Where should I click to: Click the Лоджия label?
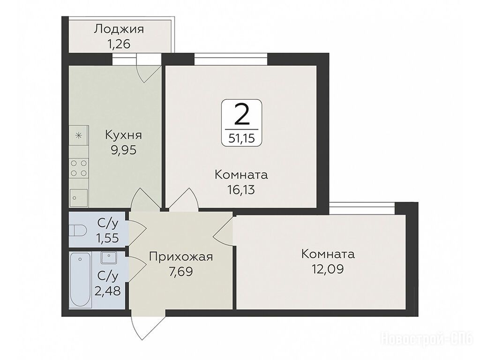119,29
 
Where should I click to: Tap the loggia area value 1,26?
119,44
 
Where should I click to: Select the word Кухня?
123,135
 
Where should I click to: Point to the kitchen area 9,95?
123,150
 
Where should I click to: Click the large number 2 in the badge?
241,114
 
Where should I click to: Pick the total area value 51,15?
241,139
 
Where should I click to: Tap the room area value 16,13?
241,190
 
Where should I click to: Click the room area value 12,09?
328,269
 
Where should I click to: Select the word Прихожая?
180,256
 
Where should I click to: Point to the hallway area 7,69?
180,271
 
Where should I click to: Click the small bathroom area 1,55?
108,238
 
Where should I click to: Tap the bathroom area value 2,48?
107,291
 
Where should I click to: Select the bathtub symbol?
80,280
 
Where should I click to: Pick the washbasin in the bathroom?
108,258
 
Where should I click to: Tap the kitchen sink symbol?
78,198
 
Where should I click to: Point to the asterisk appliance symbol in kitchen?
79,135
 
